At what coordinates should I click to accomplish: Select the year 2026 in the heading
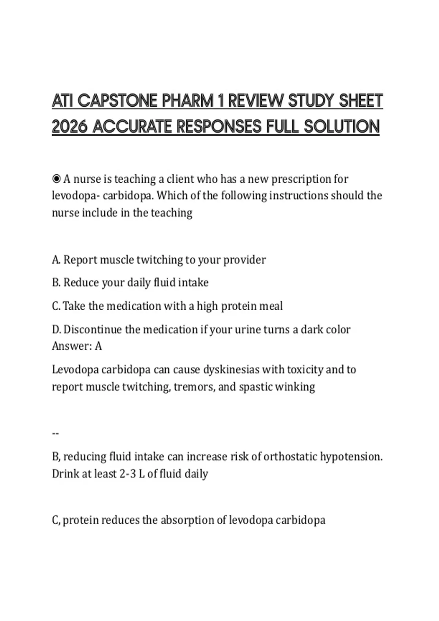click(70, 127)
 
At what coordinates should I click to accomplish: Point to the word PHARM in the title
click(187, 101)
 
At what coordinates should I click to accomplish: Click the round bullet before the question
click(56, 179)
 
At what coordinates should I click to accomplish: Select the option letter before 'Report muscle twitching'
click(56, 260)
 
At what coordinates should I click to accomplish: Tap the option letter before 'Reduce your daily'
click(56, 282)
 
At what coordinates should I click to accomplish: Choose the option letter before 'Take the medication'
click(56, 306)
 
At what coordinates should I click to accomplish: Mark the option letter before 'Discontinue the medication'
click(56, 329)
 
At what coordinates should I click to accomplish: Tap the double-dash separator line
click(56, 434)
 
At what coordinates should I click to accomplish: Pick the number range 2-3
click(128, 474)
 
